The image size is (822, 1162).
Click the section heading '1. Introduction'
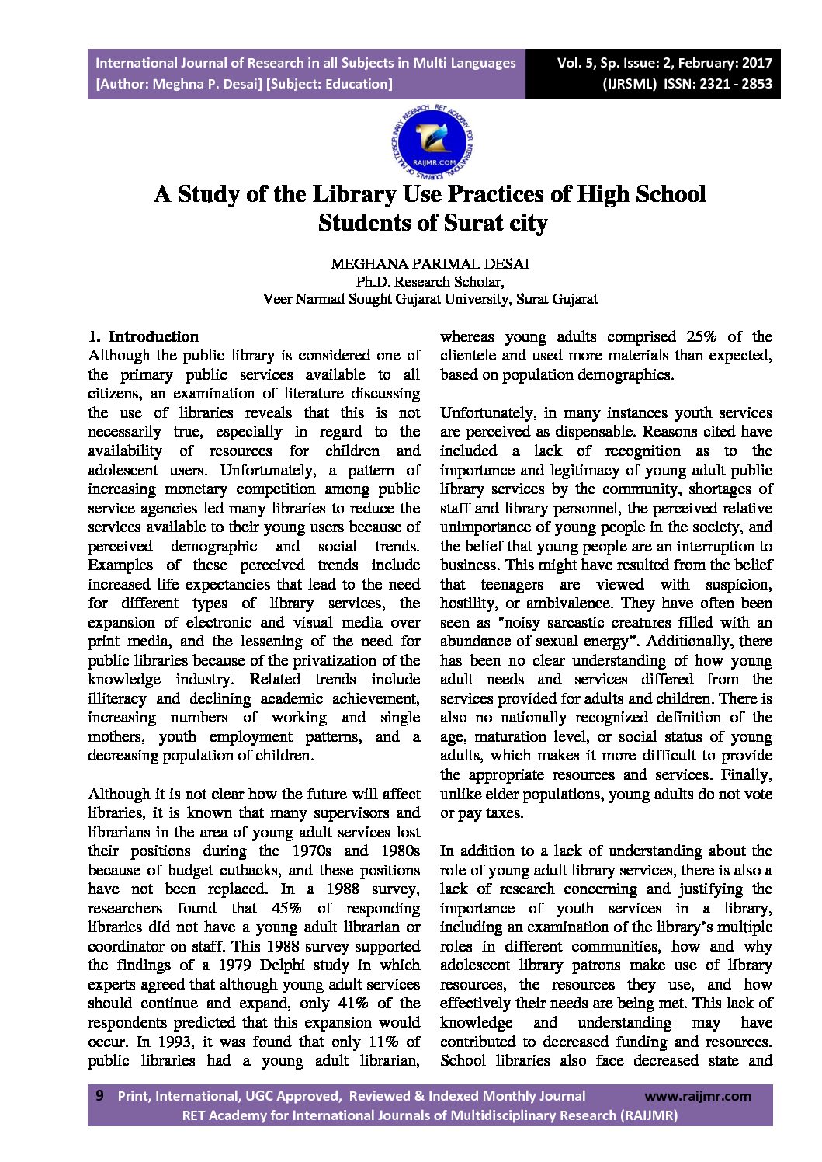click(x=144, y=336)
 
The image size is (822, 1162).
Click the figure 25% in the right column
click(x=701, y=336)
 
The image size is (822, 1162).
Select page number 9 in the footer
click(x=99, y=1095)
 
